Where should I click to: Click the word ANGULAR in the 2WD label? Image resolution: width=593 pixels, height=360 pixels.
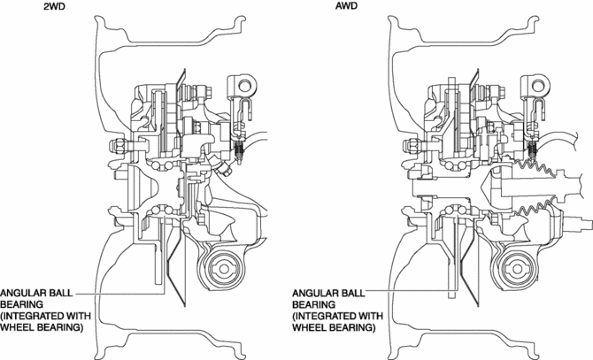(27, 293)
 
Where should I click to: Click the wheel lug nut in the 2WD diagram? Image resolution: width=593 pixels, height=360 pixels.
(118, 145)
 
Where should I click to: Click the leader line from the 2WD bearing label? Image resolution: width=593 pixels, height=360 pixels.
(124, 293)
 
